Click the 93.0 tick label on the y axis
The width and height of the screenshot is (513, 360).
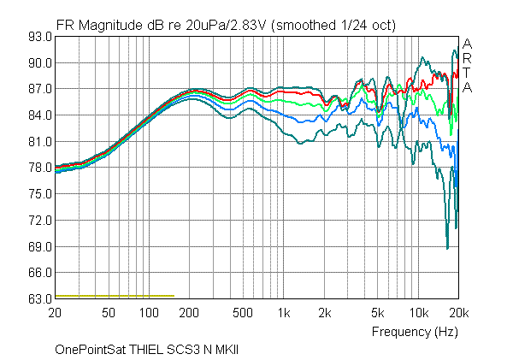[39, 37]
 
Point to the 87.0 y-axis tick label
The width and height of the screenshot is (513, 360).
[39, 89]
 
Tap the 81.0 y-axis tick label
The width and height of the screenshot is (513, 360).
[39, 141]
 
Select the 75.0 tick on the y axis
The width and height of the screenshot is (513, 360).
[39, 194]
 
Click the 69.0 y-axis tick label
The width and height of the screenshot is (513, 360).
[39, 246]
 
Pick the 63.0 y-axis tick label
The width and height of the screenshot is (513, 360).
[39, 298]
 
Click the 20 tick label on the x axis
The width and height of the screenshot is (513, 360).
[56, 314]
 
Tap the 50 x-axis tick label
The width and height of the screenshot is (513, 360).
[109, 314]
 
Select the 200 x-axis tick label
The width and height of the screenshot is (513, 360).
[189, 314]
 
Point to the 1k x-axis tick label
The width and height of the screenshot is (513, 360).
[284, 314]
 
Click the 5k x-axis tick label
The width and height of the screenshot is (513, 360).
[377, 314]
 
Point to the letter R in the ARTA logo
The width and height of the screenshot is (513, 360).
[467, 58]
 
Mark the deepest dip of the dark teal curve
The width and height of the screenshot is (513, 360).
[447, 248]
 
